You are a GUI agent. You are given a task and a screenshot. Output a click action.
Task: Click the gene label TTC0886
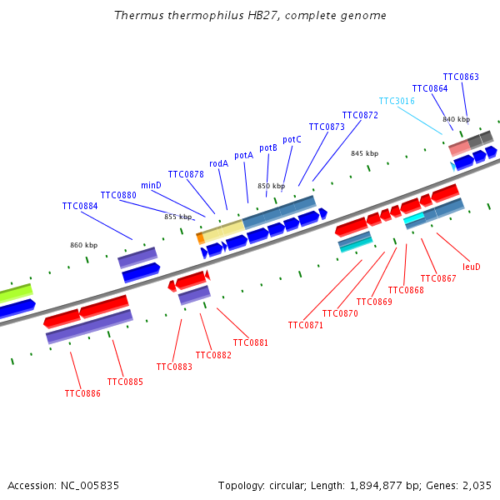tap(82, 393)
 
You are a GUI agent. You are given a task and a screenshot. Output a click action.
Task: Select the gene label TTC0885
tap(125, 382)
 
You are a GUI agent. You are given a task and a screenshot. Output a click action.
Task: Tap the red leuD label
tap(472, 267)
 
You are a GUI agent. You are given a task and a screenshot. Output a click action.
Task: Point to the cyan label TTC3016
tap(397, 102)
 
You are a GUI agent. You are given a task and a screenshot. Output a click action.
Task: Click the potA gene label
tap(243, 155)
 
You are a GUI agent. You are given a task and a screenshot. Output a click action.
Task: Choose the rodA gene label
tap(218, 164)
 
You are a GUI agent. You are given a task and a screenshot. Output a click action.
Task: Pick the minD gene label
tap(151, 185)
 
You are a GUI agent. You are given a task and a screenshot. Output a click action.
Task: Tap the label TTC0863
tap(461, 77)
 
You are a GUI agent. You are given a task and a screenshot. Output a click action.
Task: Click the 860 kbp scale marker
tap(83, 245)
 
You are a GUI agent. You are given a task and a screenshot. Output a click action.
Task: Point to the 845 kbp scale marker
tap(364, 153)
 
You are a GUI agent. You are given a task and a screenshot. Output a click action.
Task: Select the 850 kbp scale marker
tap(271, 186)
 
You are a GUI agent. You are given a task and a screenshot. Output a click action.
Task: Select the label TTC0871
tap(306, 325)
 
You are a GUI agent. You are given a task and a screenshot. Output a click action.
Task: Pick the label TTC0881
tap(251, 342)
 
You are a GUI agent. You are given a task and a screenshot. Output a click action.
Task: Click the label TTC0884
tap(80, 206)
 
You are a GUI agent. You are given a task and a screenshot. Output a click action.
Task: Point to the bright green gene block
tap(15, 293)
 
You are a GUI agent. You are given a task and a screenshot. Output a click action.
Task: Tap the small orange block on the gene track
tap(200, 237)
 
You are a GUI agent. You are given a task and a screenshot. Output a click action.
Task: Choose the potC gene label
tap(292, 140)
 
